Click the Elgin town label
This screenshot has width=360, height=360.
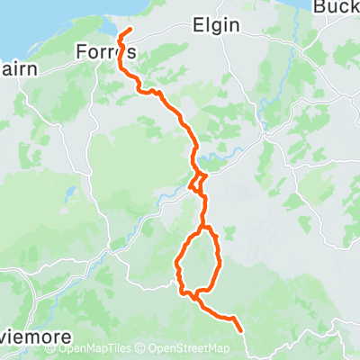click(217, 25)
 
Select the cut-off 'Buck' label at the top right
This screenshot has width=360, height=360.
click(337, 6)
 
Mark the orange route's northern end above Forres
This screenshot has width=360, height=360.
click(131, 31)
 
